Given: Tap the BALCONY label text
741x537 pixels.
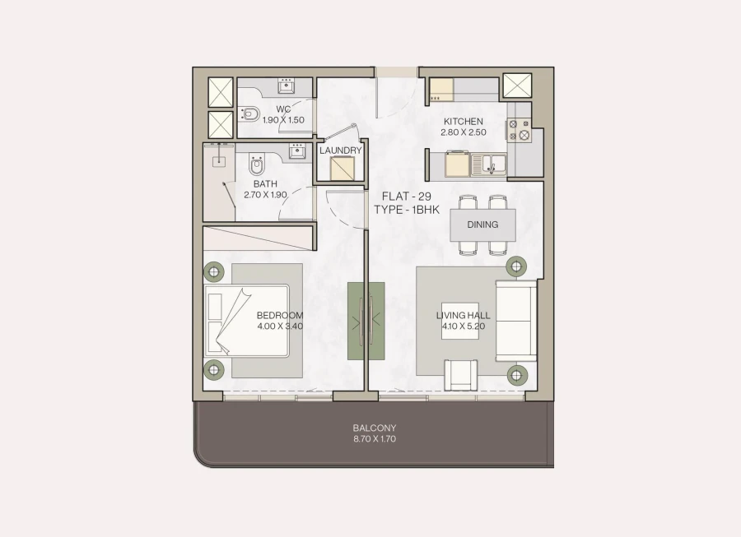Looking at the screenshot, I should point(375,428).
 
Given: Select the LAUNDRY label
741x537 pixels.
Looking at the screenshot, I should point(341,150).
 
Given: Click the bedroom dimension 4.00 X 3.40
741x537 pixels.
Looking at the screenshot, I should point(280,326).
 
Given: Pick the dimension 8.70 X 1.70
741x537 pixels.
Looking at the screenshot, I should point(375,439).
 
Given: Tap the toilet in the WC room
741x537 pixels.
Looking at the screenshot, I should point(250,113).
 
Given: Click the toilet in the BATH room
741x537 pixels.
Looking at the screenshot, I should point(257,166).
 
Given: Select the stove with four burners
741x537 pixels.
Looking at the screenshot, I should point(519,129).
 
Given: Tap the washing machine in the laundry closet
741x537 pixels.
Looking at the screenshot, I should point(341,168).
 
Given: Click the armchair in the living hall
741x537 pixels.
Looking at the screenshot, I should point(460,374).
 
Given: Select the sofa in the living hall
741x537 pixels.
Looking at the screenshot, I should point(516,321).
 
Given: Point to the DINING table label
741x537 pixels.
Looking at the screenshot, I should point(482,225).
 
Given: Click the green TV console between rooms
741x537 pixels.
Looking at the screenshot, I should point(366,321).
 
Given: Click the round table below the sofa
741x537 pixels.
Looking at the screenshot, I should point(516,375).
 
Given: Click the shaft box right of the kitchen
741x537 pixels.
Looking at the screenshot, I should point(518,86).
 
